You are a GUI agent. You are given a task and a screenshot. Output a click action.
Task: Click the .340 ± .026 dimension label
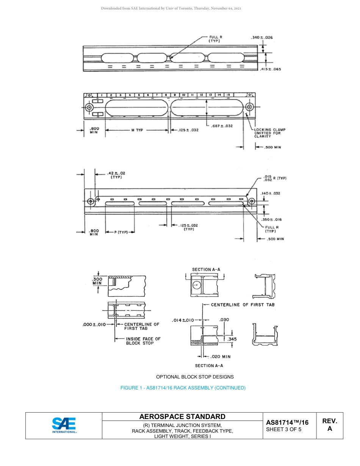(x=261, y=38)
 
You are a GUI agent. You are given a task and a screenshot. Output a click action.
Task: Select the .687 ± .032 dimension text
(x=222, y=126)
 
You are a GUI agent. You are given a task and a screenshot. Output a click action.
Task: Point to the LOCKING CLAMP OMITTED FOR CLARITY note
(x=269, y=133)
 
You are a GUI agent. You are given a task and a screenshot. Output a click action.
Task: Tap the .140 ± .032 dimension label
(x=271, y=193)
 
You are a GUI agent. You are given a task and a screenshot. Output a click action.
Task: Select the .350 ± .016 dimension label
(x=271, y=219)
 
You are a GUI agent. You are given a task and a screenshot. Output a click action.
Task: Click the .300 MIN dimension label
(x=97, y=281)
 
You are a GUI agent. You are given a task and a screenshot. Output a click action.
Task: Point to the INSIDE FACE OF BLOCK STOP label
(x=143, y=341)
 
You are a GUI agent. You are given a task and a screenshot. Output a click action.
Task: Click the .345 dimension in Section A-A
(x=232, y=339)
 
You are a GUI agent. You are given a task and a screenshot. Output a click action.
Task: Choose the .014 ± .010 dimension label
(x=183, y=320)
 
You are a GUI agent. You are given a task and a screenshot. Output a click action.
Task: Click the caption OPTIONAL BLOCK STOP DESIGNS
(x=195, y=377)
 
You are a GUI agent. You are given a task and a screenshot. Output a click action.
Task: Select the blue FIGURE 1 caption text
(x=183, y=388)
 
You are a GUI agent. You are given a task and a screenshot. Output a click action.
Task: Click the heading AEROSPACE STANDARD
(x=182, y=417)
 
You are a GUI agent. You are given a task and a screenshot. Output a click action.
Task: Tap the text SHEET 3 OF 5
(x=284, y=429)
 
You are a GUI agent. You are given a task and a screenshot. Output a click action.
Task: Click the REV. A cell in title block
(x=329, y=425)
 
